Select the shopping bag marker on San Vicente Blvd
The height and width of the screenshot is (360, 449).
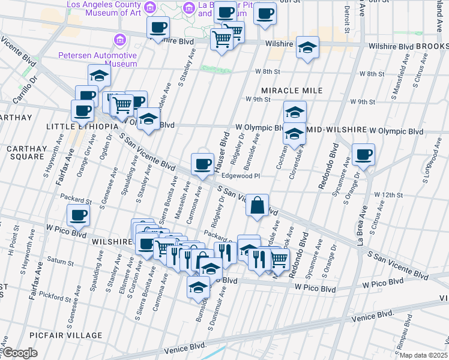pyautogui.click(x=257, y=206)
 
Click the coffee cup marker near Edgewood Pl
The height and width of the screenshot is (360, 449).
pyautogui.click(x=202, y=163)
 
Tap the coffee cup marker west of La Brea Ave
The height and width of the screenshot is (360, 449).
pyautogui.click(x=363, y=154)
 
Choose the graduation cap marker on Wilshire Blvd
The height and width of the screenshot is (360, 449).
pyautogui.click(x=307, y=47)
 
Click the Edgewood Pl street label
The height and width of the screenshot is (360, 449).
pyautogui.click(x=240, y=176)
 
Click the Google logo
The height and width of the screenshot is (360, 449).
pyautogui.click(x=20, y=353)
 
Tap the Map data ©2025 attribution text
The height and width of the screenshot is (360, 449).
pyautogui.click(x=424, y=355)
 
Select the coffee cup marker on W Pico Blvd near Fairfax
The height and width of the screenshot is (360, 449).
pyautogui.click(x=78, y=215)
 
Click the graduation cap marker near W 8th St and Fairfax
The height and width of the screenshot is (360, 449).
pyautogui.click(x=99, y=75)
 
